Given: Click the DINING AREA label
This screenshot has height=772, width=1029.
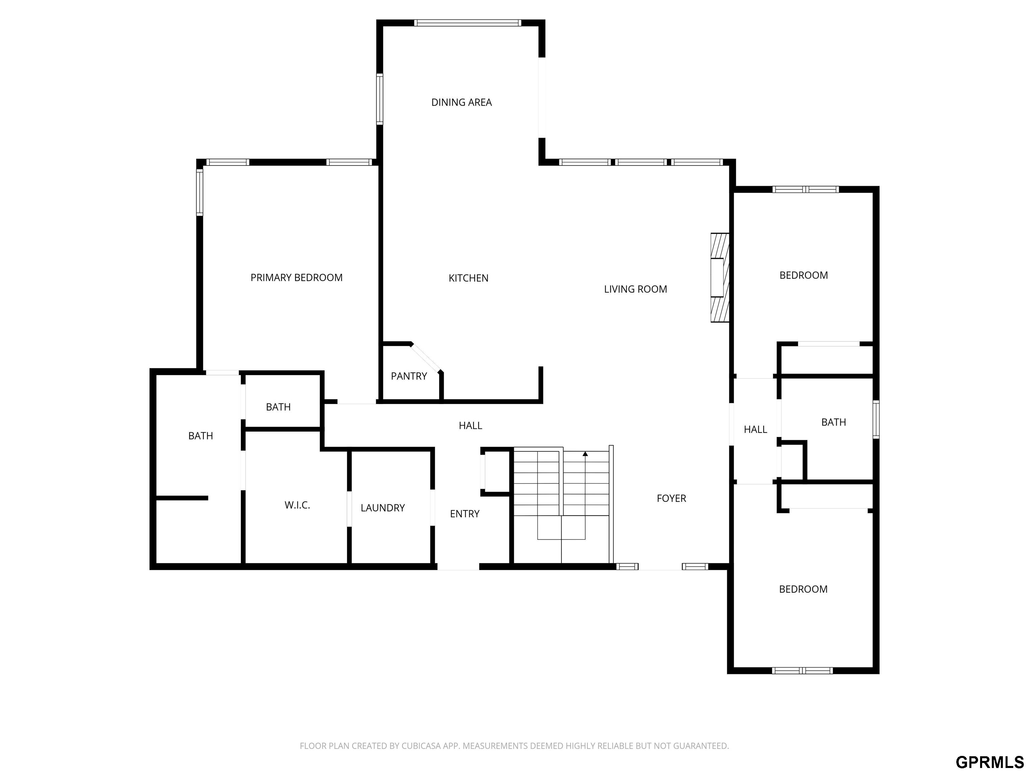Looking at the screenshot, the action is pyautogui.click(x=462, y=103).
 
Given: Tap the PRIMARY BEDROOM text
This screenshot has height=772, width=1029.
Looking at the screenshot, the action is pyautogui.click(x=296, y=278).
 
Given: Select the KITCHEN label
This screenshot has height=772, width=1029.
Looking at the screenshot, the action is pyautogui.click(x=469, y=278).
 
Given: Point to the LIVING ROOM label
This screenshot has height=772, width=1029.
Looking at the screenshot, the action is pyautogui.click(x=635, y=289).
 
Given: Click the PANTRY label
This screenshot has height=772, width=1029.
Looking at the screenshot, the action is pyautogui.click(x=409, y=376).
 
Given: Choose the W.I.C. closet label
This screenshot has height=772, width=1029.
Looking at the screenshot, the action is pyautogui.click(x=297, y=505).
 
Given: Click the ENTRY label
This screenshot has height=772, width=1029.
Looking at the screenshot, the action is pyautogui.click(x=465, y=514).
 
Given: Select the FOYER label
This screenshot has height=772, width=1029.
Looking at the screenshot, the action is pyautogui.click(x=671, y=498).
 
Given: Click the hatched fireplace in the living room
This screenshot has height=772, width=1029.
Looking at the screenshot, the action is pyautogui.click(x=719, y=277).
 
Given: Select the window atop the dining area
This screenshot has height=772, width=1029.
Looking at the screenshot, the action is pyautogui.click(x=468, y=23).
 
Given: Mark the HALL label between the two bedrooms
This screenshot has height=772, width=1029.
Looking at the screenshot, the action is pyautogui.click(x=755, y=430).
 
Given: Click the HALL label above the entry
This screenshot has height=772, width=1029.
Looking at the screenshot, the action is pyautogui.click(x=470, y=425).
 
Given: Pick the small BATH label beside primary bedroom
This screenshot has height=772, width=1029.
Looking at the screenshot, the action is pyautogui.click(x=278, y=407).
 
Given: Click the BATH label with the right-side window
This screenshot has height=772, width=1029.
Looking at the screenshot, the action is pyautogui.click(x=834, y=423).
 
